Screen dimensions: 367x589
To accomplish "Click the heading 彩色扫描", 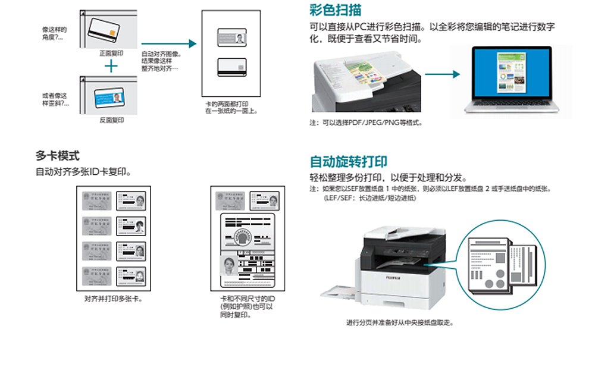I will (x=335, y=10).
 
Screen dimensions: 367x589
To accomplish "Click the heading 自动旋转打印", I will (x=349, y=162).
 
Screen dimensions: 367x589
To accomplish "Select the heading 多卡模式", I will (x=58, y=156).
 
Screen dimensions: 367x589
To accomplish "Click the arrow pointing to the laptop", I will (x=443, y=74).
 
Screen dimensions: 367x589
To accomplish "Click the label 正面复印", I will (x=111, y=53).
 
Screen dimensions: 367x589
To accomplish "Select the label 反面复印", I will (x=111, y=120).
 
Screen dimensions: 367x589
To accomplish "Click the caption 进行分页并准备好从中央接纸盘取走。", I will (x=400, y=322).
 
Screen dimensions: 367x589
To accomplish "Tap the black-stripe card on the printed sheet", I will (x=230, y=66).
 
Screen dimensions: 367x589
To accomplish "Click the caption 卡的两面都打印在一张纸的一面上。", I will (x=231, y=108).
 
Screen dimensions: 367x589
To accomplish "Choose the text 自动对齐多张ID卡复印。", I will (x=83, y=172).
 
